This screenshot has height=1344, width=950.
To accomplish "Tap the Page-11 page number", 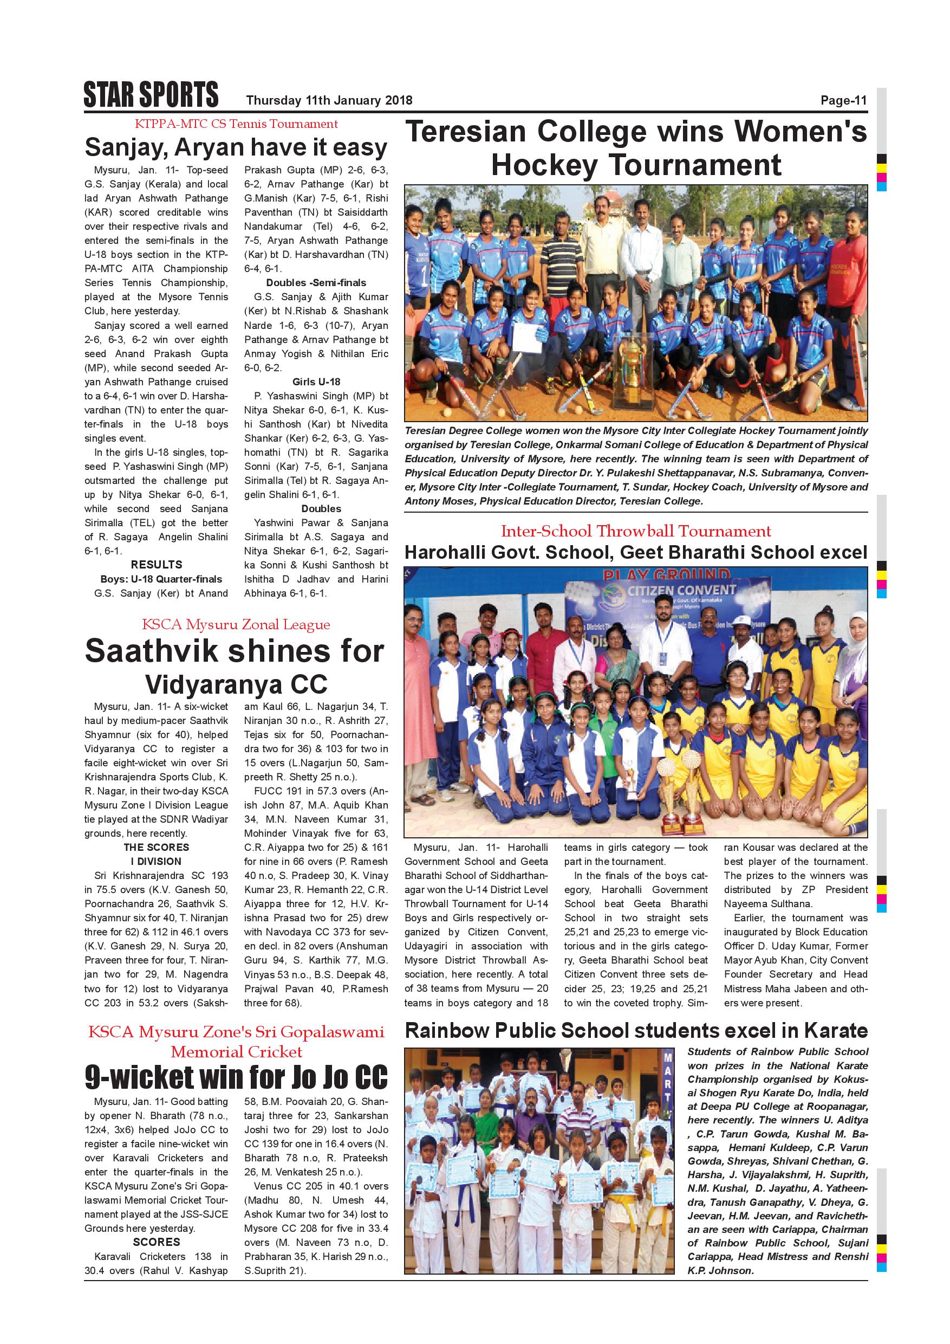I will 843,101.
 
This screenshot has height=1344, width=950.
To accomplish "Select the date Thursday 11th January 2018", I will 329,101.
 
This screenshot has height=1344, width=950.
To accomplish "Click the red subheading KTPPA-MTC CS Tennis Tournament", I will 236,124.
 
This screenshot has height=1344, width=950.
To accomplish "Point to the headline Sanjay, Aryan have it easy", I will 236,147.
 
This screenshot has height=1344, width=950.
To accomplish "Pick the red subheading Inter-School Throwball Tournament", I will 636,531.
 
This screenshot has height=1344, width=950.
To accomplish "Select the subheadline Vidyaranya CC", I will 236,684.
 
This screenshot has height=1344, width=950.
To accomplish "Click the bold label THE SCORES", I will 156,848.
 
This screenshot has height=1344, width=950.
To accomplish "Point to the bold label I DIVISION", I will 156,862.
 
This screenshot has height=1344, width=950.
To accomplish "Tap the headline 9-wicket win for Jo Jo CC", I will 236,1076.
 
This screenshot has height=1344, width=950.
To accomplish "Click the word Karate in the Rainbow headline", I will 836,1031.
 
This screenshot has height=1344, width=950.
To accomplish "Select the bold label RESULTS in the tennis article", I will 156,565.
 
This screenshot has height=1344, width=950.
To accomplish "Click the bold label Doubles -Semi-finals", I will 316,283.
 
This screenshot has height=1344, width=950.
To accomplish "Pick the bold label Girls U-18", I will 316,382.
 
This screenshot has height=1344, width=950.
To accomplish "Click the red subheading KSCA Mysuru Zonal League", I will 236,625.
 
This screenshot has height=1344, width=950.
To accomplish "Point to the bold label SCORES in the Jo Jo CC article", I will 156,1226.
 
